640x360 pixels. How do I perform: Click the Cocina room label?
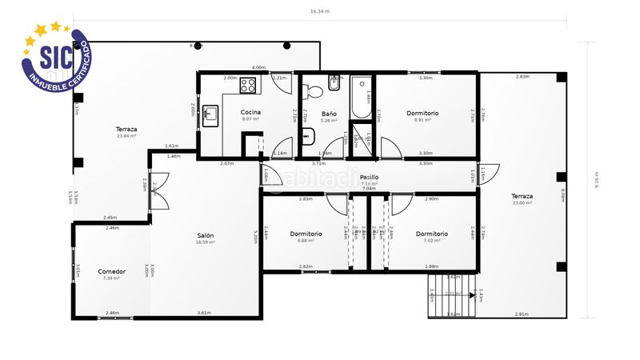coord(250,112)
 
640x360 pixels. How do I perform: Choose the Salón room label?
coord(206,235)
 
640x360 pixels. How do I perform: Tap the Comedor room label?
coord(111,271)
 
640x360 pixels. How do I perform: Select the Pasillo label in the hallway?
coord(369,177)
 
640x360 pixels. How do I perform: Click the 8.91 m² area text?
coord(422,120)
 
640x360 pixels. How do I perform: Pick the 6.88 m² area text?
coord(306,241)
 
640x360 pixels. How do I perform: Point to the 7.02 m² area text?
coord(431,241)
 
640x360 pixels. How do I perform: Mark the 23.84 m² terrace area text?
coord(126,136)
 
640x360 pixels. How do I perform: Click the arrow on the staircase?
coord(453,294)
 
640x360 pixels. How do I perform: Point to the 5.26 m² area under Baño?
coord(329,122)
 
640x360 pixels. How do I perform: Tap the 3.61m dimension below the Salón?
coord(205,313)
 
